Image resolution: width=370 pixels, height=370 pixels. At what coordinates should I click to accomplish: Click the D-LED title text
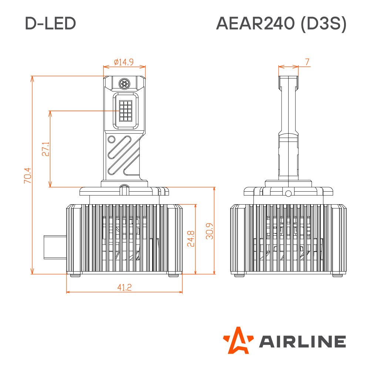50,23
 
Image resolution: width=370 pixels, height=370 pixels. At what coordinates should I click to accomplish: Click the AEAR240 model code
255,23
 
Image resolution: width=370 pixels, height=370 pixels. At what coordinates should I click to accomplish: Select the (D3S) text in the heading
324,24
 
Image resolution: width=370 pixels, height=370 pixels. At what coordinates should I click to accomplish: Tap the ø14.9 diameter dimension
124,62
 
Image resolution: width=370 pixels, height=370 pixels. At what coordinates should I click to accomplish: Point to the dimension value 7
307,62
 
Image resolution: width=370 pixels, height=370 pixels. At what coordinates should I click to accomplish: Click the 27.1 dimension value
46,149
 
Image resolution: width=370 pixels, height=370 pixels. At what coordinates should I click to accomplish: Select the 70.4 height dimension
27,175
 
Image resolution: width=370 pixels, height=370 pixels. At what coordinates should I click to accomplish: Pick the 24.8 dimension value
191,239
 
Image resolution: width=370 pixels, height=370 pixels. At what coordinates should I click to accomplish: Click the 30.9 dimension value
209,231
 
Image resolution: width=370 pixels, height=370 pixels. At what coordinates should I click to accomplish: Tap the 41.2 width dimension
124,287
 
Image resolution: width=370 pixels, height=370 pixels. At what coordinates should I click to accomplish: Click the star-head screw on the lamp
124,84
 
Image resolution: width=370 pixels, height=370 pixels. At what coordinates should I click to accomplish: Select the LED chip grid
125,111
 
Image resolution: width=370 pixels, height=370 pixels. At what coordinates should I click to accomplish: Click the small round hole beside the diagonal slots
111,139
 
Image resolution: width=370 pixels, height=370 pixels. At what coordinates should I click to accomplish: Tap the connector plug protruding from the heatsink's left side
55,247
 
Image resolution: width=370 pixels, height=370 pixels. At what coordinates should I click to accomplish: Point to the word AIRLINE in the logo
303,341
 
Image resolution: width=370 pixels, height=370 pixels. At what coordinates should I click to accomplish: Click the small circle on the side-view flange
288,194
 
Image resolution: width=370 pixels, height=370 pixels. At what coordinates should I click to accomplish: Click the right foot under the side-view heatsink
337,275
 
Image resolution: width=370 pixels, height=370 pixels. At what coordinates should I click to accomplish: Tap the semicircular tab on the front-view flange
125,189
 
